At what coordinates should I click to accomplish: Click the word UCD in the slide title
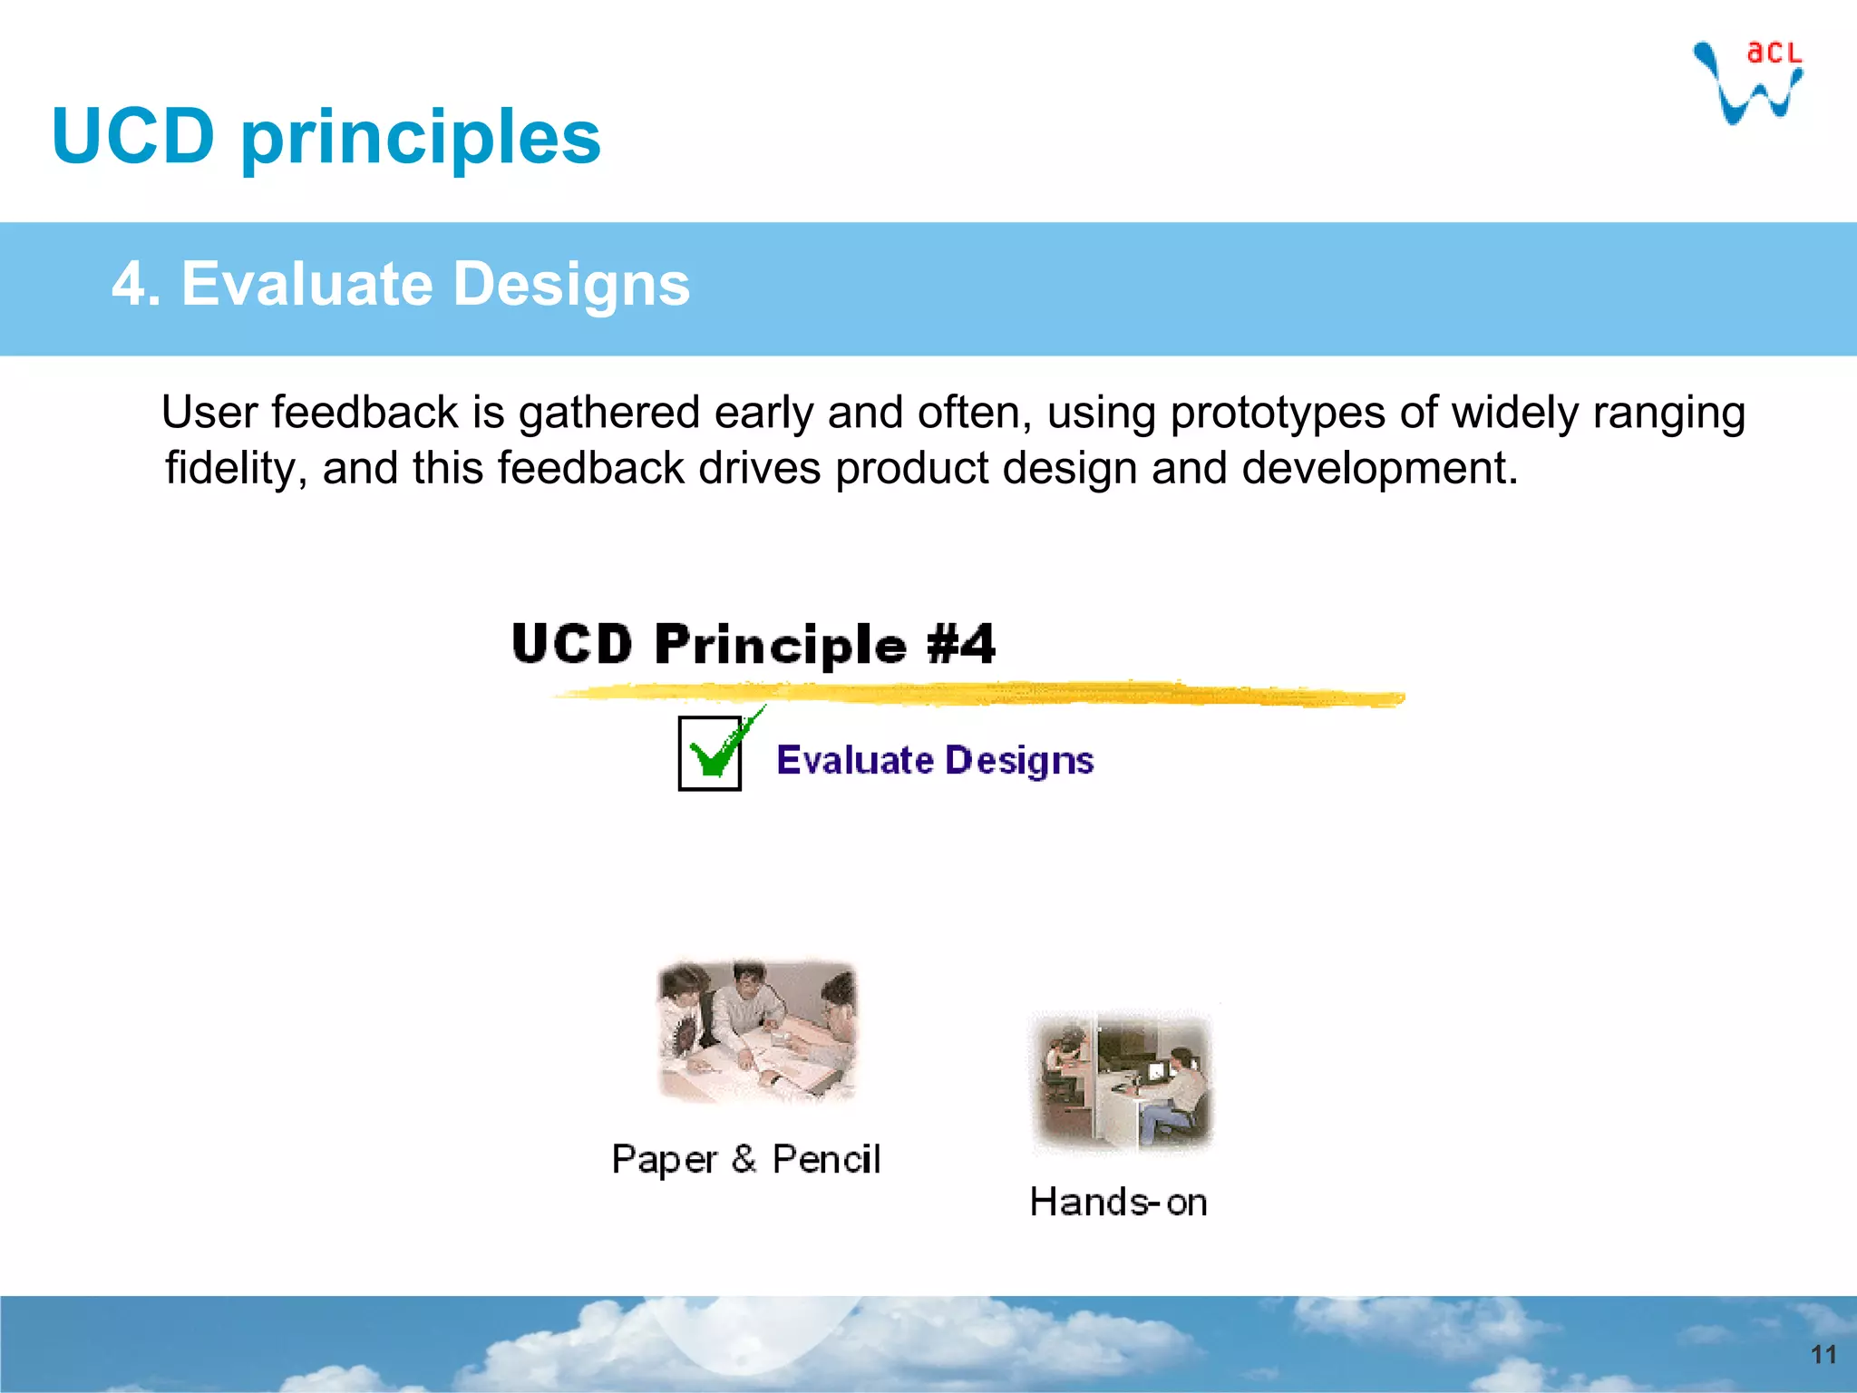133,137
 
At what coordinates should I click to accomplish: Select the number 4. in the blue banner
135,284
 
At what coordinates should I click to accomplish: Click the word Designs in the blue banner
570,284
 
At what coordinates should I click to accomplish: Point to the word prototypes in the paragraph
1277,414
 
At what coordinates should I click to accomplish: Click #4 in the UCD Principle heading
961,644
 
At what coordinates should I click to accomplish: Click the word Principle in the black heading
780,646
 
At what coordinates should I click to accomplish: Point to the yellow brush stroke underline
979,695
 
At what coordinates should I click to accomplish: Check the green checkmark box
710,754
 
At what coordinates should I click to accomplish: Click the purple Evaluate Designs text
935,760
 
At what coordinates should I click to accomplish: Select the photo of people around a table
756,1032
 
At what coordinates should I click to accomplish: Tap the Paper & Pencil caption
745,1160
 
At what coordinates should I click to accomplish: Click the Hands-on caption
1118,1203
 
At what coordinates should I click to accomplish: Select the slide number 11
1823,1355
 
